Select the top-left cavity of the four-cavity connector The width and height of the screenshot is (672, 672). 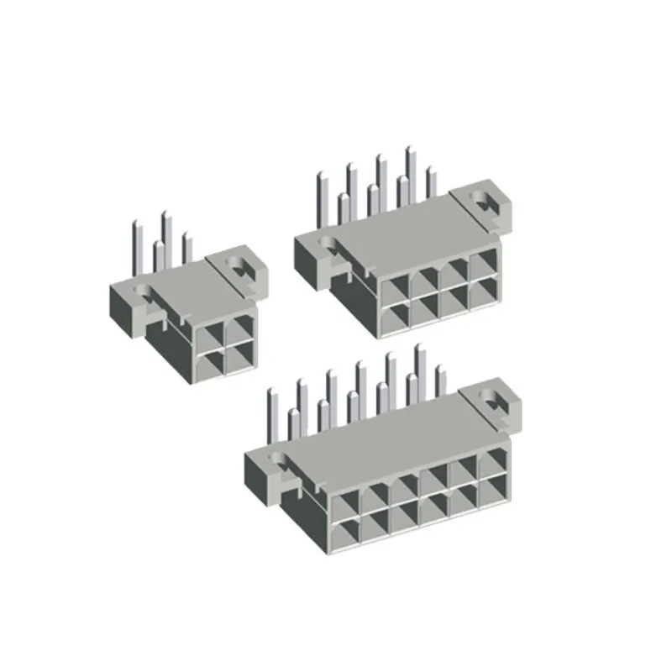point(212,333)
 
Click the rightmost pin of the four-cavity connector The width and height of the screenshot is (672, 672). point(186,249)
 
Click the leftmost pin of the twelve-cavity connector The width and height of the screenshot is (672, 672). point(271,417)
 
